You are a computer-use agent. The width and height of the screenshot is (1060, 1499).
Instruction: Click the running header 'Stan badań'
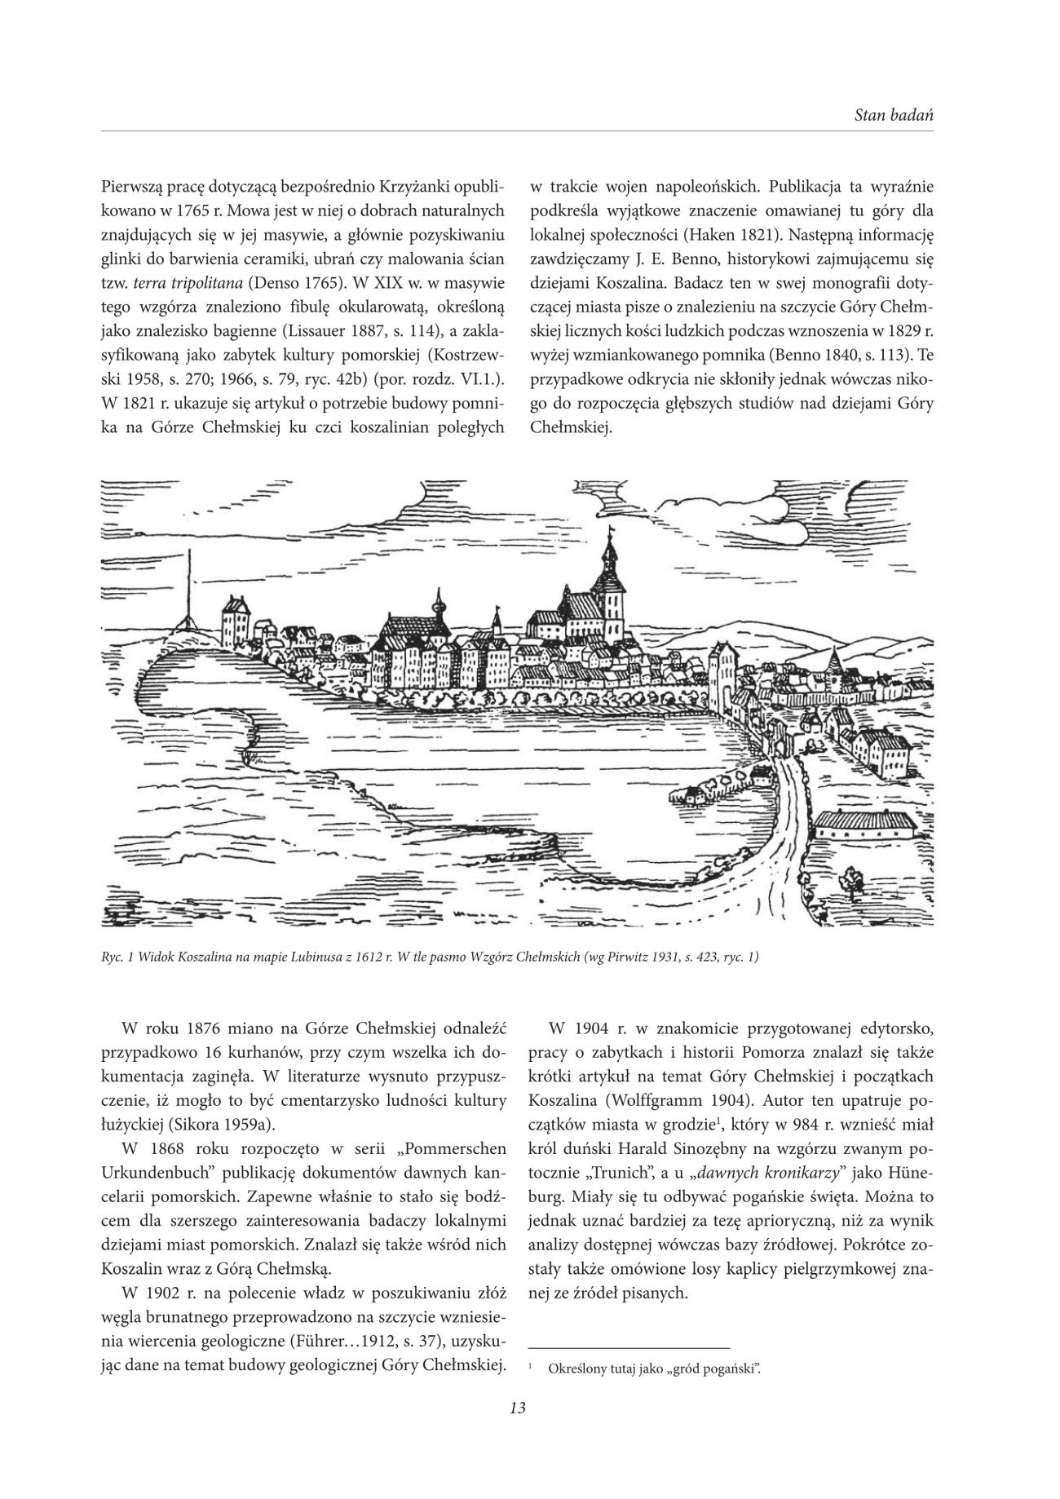point(894,115)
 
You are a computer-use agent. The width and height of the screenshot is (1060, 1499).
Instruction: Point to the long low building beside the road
point(864,828)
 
